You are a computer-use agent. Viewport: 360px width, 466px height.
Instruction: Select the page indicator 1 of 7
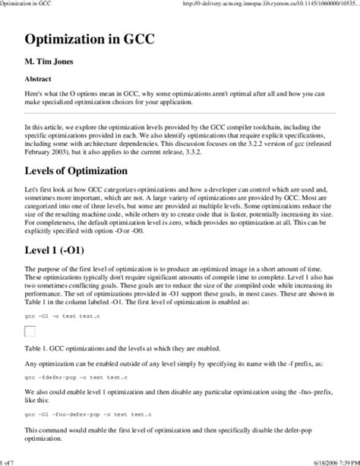pyautogui.click(x=11, y=460)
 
